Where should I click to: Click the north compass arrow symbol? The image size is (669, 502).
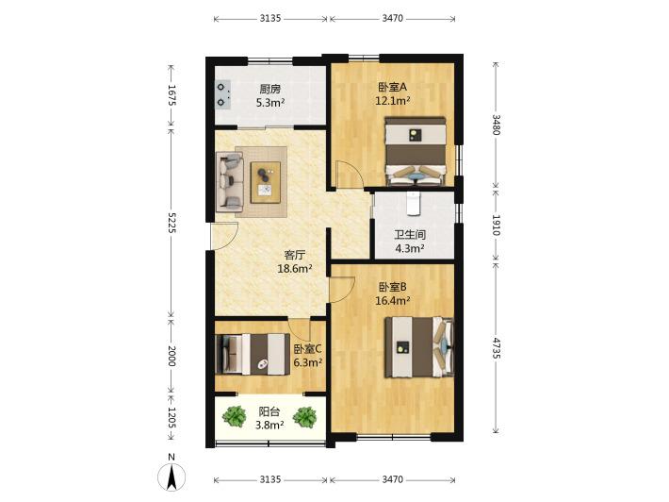[x=171, y=477]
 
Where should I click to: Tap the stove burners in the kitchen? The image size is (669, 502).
[x=222, y=94]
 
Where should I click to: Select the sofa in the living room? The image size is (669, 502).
[x=230, y=182]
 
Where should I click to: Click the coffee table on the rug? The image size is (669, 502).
[x=266, y=182]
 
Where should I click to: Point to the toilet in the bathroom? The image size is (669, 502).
[x=414, y=204]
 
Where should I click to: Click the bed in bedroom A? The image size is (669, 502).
[x=416, y=151]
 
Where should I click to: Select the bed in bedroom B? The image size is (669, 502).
[x=418, y=347]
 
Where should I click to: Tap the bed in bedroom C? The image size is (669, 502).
[x=253, y=354]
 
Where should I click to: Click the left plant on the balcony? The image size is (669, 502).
[x=235, y=416]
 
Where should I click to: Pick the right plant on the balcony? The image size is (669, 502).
[x=304, y=416]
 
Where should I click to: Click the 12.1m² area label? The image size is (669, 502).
[x=393, y=101]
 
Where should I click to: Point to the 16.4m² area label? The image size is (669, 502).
[x=393, y=301]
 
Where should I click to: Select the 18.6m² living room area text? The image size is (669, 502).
[x=295, y=269]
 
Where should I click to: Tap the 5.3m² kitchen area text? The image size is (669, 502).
[x=270, y=103]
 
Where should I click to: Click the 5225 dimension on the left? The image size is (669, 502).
[x=171, y=222]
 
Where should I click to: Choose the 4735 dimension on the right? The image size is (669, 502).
[x=496, y=348]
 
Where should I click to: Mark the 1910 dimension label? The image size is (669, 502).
[x=496, y=225]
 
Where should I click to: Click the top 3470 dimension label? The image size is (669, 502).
[x=392, y=18]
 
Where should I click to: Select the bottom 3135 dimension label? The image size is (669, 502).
[x=270, y=479]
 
